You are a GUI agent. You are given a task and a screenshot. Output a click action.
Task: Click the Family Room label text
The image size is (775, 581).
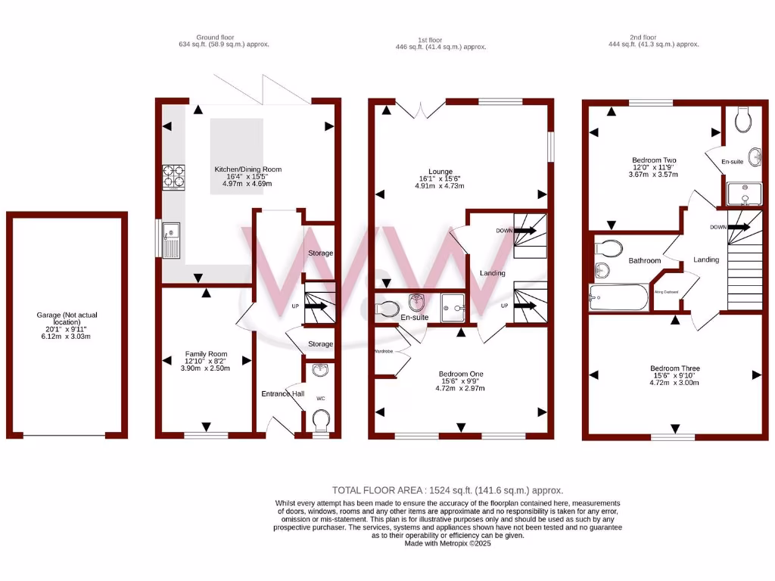pyautogui.click(x=207, y=354)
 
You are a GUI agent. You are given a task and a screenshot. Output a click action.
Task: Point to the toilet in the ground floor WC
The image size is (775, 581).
pyautogui.click(x=322, y=418)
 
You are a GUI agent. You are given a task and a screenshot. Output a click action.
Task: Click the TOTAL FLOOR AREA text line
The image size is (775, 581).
pyautogui.click(x=447, y=490)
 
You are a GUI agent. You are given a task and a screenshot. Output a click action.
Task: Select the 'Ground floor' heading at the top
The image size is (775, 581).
pyautogui.click(x=214, y=37)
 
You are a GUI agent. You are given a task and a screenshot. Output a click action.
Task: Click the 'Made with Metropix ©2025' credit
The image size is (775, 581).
pyautogui.click(x=448, y=543)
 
